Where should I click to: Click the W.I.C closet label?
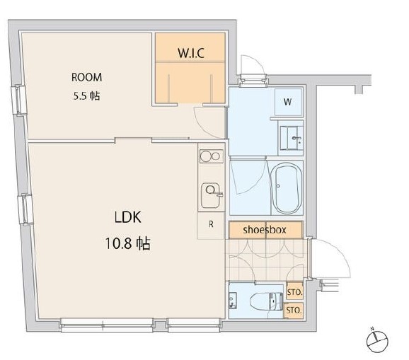pos(190,53)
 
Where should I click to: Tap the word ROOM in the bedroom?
pos(86,77)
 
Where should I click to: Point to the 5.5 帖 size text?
pos(86,96)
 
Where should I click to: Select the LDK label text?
pos(128,217)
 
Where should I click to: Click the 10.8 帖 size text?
pos(128,244)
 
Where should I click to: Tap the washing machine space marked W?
pos(288,102)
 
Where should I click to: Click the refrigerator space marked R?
pos(211,225)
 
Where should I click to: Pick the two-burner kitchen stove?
pos(212,156)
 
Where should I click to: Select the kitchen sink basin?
pos(210,195)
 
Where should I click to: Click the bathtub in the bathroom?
pos(286,188)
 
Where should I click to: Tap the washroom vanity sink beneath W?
pos(292,138)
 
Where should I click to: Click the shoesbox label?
pos(265,230)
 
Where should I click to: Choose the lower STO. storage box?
pos(294,310)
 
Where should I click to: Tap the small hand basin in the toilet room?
pos(232,301)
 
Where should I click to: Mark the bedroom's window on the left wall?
pos(19,100)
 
